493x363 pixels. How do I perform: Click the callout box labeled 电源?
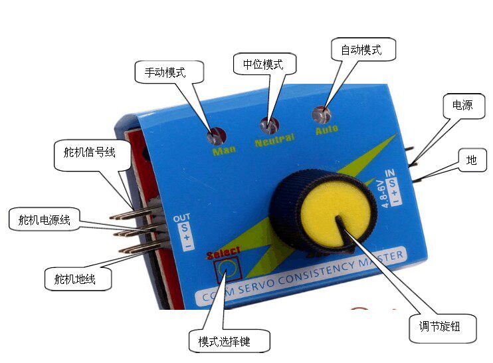(x=462, y=105)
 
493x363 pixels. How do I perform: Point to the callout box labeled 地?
(x=471, y=160)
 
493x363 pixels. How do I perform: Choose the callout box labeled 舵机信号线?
(x=85, y=152)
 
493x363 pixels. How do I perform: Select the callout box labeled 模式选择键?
(x=229, y=341)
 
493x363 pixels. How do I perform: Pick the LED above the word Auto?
(x=324, y=115)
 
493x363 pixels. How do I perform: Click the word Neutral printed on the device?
(x=274, y=142)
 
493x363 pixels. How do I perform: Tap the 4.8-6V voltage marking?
(x=381, y=193)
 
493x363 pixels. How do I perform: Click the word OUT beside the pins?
(x=181, y=218)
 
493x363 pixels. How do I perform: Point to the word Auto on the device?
(x=327, y=129)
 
